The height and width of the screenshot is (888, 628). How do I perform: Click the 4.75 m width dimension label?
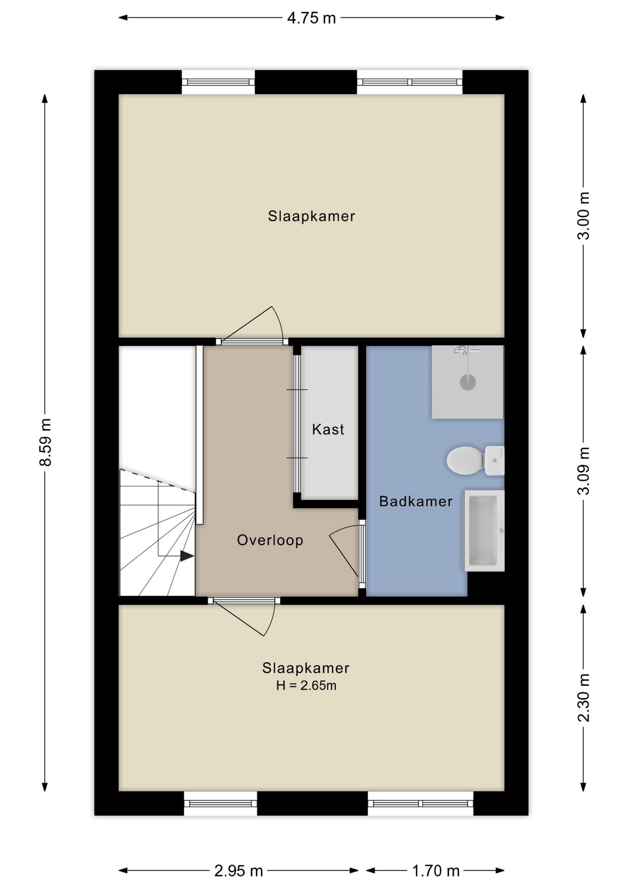click(311, 18)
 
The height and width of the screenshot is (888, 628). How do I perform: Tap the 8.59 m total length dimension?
click(45, 442)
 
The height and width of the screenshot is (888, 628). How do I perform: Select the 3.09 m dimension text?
click(584, 471)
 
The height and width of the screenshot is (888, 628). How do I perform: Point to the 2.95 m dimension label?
click(239, 871)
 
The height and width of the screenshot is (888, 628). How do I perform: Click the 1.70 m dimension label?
click(436, 871)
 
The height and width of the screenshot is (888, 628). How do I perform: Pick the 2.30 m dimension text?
click(584, 697)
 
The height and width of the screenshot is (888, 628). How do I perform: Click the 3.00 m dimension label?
click(584, 216)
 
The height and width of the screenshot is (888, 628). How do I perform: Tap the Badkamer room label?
click(416, 501)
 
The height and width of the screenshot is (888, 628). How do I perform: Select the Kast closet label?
click(328, 429)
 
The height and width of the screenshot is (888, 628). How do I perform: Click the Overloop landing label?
click(270, 540)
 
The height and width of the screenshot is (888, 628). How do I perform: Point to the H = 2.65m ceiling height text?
click(306, 685)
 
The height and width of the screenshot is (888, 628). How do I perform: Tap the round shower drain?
click(468, 382)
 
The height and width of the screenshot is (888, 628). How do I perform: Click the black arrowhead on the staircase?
click(186, 556)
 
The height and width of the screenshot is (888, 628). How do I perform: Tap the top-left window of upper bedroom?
click(218, 82)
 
